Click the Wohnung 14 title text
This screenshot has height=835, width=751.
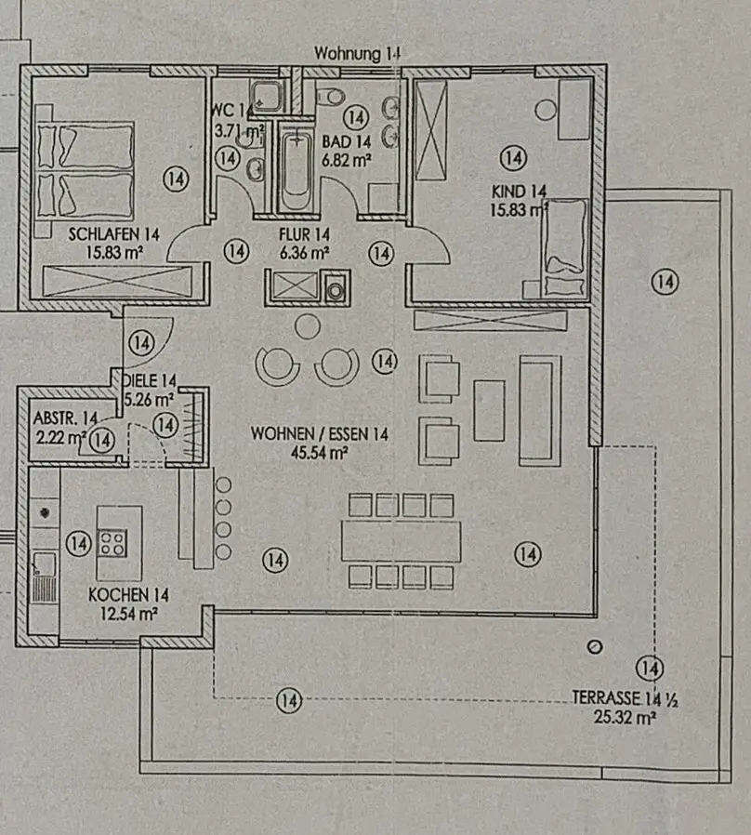(x=358, y=53)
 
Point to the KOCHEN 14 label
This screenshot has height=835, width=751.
(x=128, y=594)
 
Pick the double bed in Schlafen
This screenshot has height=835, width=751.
(x=86, y=169)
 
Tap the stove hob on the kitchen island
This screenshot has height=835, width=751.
(x=112, y=541)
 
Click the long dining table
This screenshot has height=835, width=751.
(x=402, y=540)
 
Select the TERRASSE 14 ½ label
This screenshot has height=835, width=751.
(x=625, y=699)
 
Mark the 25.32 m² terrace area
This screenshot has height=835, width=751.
(x=625, y=716)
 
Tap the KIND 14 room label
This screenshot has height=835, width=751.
(x=519, y=192)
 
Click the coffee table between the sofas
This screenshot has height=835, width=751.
(x=489, y=410)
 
